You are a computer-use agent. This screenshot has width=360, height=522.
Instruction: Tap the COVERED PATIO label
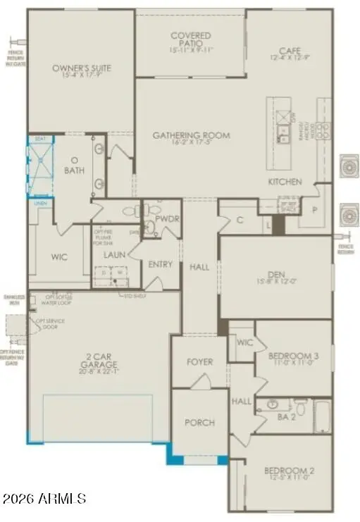(x=190, y=40)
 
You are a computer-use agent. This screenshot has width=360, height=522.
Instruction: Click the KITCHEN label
(x=285, y=182)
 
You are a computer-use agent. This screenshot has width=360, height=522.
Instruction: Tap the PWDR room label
(x=168, y=220)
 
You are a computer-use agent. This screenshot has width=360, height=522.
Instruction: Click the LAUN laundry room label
(x=114, y=255)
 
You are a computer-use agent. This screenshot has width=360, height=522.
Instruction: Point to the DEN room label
(x=276, y=276)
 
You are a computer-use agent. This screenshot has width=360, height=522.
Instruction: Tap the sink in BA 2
(x=268, y=405)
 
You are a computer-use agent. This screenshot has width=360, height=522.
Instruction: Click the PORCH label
(x=199, y=423)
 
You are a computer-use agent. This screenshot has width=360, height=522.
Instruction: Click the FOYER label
(x=199, y=362)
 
